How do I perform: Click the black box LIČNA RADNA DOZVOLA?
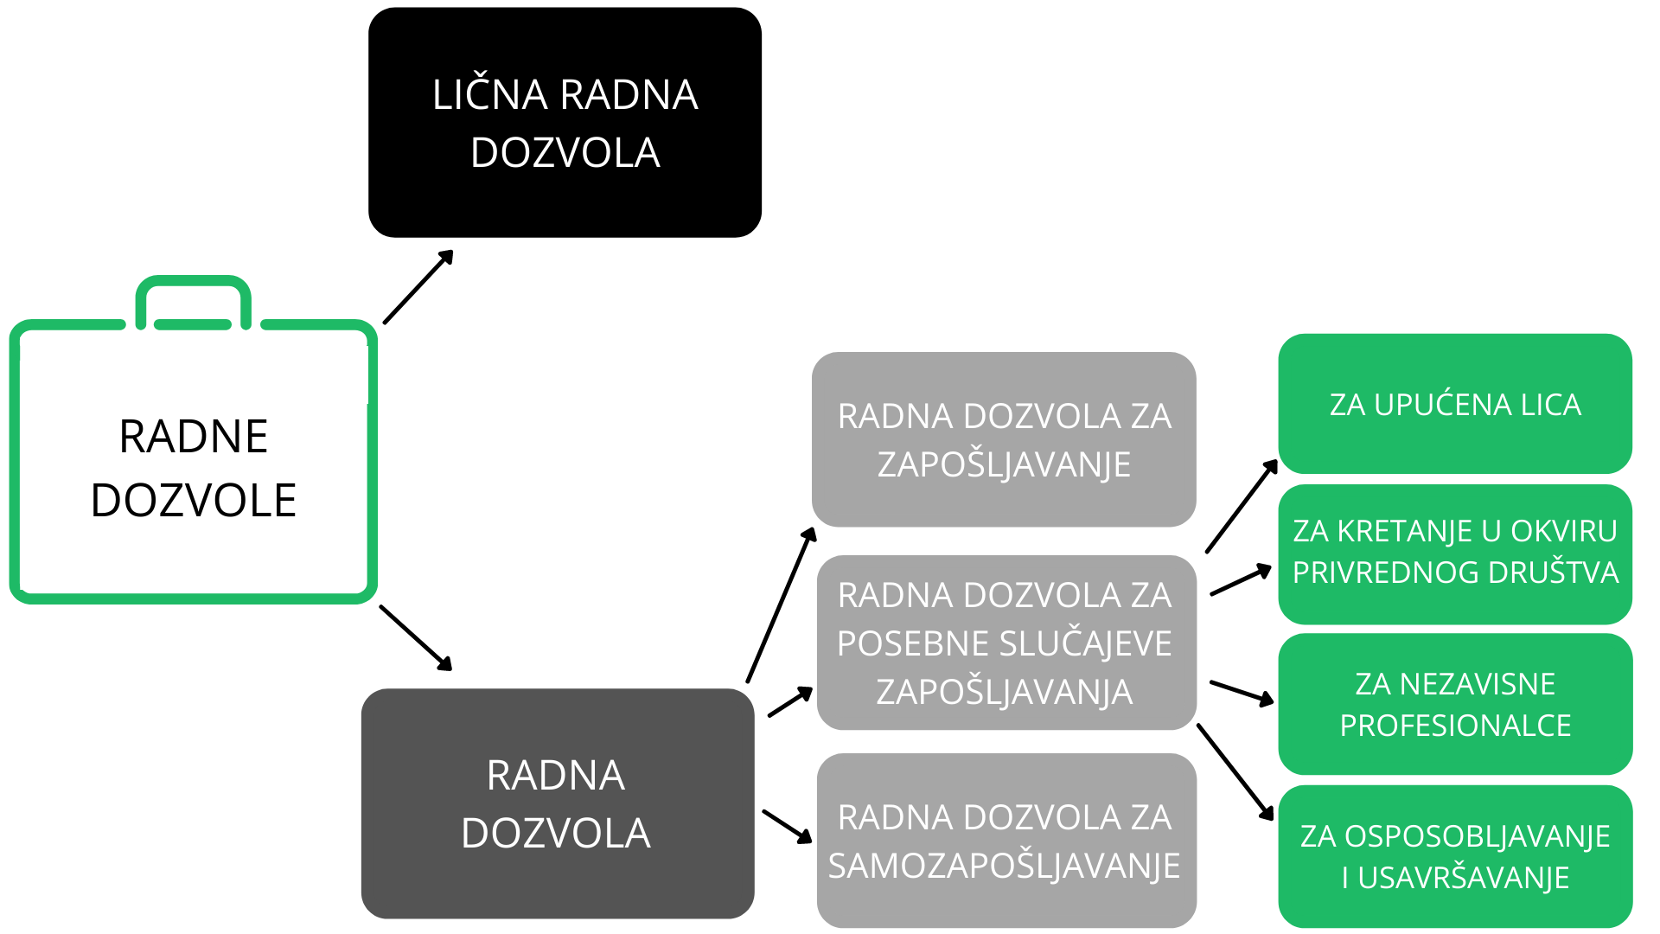click(565, 122)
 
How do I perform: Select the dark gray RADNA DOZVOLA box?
click(558, 803)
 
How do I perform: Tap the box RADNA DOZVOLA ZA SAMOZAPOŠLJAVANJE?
click(1006, 841)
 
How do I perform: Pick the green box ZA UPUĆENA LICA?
click(1455, 404)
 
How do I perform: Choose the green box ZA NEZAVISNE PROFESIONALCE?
click(1455, 704)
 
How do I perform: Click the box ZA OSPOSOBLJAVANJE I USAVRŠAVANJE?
click(1455, 856)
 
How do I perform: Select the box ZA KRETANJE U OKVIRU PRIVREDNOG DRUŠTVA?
click(1455, 554)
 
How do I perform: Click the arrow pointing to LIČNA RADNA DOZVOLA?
click(418, 287)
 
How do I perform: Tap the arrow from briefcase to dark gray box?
click(416, 638)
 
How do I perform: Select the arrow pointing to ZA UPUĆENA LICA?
click(1242, 506)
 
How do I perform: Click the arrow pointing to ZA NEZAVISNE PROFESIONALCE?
click(1242, 693)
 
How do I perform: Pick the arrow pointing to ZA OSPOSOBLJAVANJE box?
click(1235, 772)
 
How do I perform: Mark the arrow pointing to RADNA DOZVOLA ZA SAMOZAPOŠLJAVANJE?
click(788, 826)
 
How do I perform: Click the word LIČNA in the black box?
click(489, 94)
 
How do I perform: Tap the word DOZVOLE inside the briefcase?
click(194, 501)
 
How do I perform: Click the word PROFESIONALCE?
click(1455, 726)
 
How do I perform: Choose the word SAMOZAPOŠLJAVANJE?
click(1004, 866)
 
